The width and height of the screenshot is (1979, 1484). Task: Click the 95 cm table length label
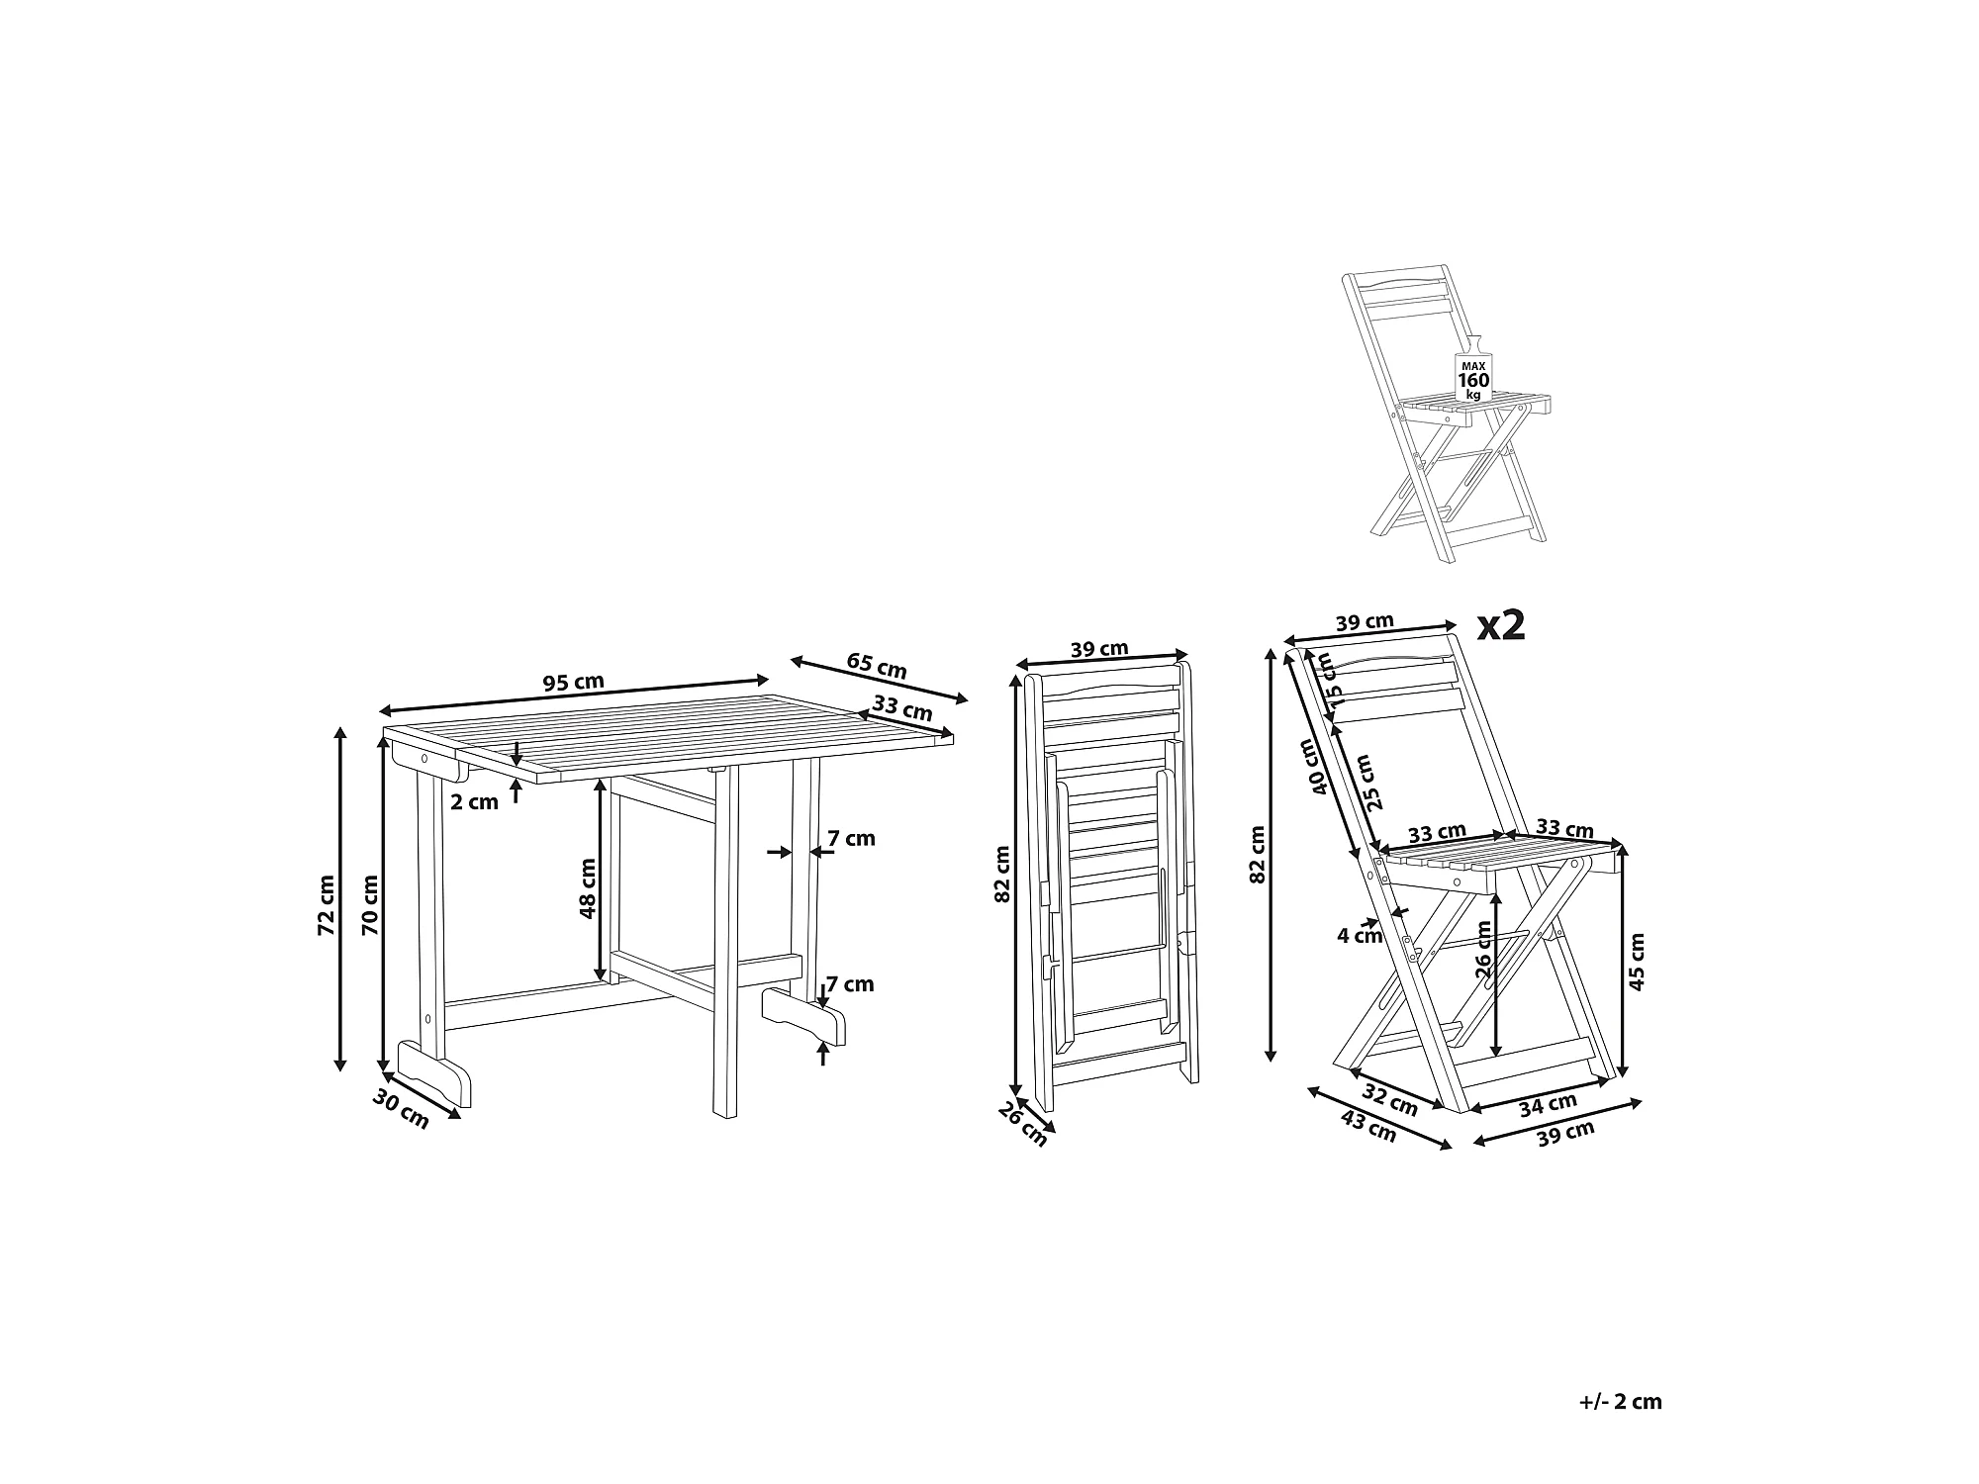[573, 682]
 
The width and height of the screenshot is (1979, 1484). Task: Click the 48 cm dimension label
[589, 888]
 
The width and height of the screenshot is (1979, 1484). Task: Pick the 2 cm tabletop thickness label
[475, 802]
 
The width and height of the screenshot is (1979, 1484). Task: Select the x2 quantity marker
[1501, 626]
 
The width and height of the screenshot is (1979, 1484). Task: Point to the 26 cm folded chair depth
[1022, 1124]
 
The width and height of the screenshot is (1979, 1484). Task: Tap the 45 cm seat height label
[1637, 962]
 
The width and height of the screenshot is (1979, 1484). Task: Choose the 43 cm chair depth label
[1368, 1127]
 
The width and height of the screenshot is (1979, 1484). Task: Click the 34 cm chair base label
[1549, 1104]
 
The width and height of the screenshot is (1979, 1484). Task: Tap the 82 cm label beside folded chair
[1002, 874]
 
